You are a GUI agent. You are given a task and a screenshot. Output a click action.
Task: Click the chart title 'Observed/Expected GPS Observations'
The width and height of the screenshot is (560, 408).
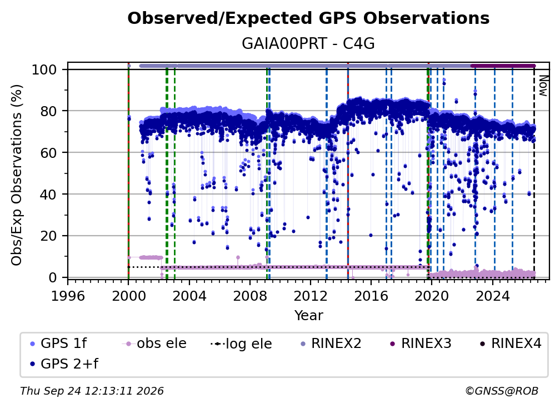[x=308, y=18]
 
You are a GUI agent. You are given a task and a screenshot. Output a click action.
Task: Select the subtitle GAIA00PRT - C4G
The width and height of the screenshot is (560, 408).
[x=308, y=44]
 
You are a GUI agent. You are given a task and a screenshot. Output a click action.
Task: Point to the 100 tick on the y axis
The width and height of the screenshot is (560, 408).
[x=44, y=69]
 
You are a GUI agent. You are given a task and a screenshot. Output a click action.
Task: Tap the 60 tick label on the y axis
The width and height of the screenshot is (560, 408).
[x=48, y=152]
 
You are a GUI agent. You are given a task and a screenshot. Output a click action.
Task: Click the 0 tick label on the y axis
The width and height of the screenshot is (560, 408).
[x=53, y=277]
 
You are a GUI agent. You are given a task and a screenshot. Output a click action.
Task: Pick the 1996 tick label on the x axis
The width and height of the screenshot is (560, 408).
[x=68, y=296]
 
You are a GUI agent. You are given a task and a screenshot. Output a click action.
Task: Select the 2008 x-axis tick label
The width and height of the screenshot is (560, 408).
[x=249, y=296]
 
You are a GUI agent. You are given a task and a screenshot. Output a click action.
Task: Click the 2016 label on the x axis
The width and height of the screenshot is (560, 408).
[x=371, y=296]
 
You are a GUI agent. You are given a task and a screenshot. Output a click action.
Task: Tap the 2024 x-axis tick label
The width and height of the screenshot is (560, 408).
[x=492, y=296]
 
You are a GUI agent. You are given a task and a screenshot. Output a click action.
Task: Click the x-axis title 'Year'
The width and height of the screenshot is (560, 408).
[x=308, y=316]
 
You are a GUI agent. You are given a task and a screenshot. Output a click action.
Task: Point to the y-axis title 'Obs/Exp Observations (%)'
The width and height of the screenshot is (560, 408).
[x=17, y=175]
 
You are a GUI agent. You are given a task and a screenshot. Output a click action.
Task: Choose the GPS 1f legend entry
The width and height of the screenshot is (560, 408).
[x=58, y=344]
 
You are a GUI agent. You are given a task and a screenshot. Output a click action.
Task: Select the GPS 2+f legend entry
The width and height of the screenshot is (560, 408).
[x=64, y=364]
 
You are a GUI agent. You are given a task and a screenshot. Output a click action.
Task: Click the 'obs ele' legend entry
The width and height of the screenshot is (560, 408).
[x=154, y=344]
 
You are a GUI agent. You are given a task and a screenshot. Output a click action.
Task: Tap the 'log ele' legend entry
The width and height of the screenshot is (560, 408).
[x=242, y=344]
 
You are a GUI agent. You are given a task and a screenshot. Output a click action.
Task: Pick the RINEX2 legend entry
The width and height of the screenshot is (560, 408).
[x=331, y=344]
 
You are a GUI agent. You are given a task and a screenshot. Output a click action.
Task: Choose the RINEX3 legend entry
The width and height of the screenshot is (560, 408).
[x=421, y=344]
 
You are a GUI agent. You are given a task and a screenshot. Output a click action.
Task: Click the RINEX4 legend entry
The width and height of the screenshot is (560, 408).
[x=511, y=344]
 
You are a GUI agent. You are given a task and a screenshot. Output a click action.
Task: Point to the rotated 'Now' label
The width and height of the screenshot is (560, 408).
[x=543, y=86]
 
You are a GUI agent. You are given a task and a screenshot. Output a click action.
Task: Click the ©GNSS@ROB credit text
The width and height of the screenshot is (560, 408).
[x=502, y=391]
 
